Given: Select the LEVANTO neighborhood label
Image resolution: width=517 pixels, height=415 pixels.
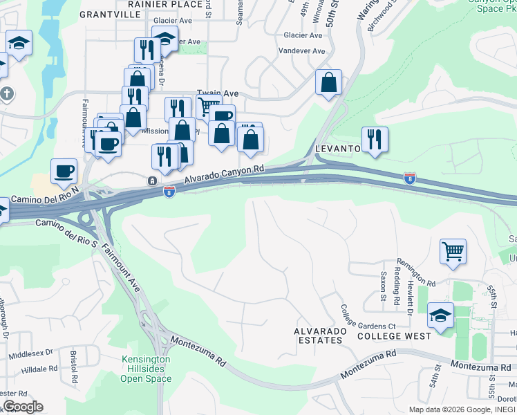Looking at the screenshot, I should point(338,149).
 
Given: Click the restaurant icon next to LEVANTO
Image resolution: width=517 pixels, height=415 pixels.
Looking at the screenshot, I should point(374,140).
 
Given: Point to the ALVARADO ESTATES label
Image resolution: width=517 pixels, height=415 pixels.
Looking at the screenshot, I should point(319,335).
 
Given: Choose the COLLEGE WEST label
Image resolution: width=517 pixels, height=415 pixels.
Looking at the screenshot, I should point(394,336).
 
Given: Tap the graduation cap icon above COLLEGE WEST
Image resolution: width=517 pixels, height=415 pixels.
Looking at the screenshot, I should point(440,316).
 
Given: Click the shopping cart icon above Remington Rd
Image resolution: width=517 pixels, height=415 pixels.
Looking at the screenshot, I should point(453,252).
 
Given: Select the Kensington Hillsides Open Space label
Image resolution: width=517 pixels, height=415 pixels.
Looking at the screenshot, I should point(145,369).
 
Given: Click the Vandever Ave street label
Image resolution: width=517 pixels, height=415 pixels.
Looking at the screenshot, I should point(301,51).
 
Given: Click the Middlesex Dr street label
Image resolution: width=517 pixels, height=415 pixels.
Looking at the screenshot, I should point(30,354).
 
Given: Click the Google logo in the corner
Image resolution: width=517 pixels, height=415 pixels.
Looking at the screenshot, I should point(23,406).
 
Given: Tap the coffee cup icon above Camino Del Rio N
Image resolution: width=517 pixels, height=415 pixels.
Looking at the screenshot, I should point(64,172).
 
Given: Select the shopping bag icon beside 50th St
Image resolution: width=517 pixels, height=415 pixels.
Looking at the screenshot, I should point(328,82).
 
